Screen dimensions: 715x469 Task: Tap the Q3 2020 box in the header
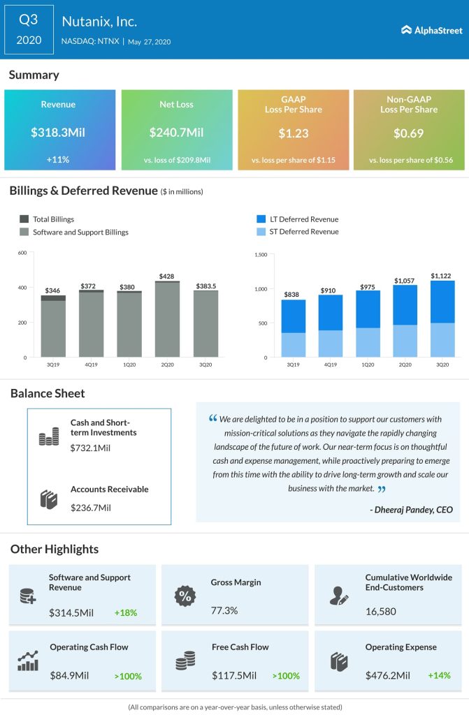tap(29, 29)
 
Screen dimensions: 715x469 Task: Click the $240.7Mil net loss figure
tap(177, 132)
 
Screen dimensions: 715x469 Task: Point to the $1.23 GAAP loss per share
tap(293, 132)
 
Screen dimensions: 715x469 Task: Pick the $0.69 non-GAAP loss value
tap(410, 132)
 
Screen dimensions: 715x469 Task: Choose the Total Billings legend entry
tap(53, 219)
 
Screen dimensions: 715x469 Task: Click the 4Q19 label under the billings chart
tap(91, 365)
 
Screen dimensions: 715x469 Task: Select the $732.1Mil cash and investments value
tap(90, 448)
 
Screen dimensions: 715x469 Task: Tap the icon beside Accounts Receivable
tap(48, 499)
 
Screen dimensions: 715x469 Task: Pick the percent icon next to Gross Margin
tap(185, 596)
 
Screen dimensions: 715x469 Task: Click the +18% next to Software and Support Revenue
tap(126, 613)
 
